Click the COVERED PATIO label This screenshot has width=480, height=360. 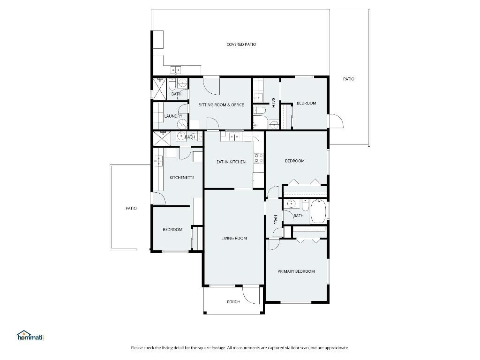(x=241, y=45)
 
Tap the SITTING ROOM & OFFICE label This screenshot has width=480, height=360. (x=221, y=105)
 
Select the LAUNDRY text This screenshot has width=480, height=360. (x=173, y=116)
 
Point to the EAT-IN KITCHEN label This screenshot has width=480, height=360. (x=231, y=162)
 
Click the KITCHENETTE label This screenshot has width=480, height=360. (x=182, y=178)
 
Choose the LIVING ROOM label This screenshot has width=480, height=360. (x=234, y=238)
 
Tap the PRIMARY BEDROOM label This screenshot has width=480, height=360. (x=296, y=271)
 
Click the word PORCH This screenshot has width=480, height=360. (x=233, y=302)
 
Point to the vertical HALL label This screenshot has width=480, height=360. (x=275, y=219)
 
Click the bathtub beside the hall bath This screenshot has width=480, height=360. (x=318, y=212)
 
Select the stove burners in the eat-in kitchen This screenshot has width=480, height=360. (x=257, y=158)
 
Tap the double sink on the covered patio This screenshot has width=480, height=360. (x=176, y=70)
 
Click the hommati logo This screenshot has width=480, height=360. (x=30, y=336)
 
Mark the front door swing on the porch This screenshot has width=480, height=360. (x=251, y=293)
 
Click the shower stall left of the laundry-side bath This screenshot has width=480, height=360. (x=160, y=89)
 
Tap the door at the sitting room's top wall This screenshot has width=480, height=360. (x=210, y=85)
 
